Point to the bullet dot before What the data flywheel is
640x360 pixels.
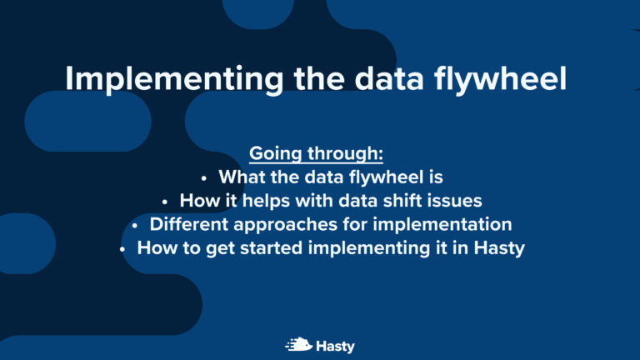tap(204, 178)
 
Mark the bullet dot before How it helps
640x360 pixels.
tap(165, 202)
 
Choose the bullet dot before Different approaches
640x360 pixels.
tap(136, 225)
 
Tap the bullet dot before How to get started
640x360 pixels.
tap(123, 248)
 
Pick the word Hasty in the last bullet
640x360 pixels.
tap(497, 248)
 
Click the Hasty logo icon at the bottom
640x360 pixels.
tap(299, 344)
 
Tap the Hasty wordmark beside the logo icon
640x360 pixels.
tap(335, 344)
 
